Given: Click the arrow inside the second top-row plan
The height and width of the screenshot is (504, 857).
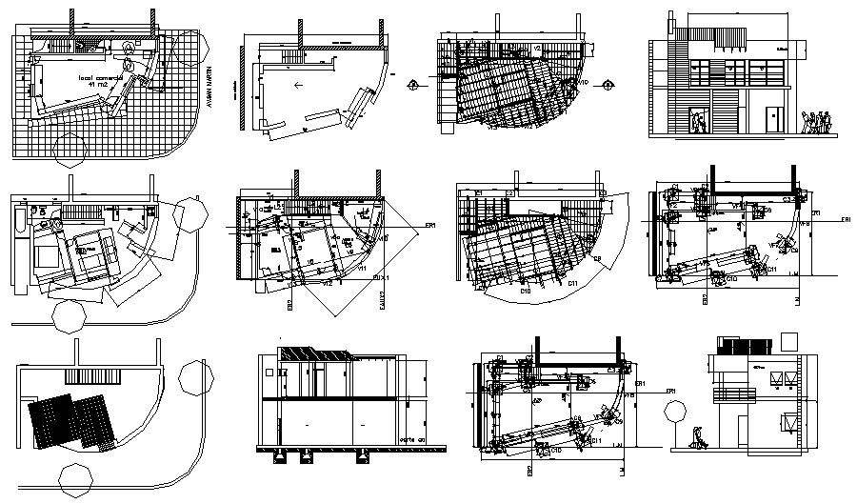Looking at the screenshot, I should click(x=299, y=85).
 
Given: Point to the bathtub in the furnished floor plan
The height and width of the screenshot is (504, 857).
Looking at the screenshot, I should click(x=19, y=224).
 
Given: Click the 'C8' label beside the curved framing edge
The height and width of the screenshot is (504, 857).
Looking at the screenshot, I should click(x=598, y=259).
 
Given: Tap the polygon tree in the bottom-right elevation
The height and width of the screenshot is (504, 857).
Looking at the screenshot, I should click(x=675, y=413).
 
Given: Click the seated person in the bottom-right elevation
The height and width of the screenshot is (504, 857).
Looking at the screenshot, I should click(x=699, y=437).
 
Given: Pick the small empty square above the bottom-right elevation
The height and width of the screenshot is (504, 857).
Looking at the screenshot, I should click(x=789, y=341).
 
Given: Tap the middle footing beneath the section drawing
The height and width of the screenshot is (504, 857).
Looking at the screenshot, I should click(x=307, y=456).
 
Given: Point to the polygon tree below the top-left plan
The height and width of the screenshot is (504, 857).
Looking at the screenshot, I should click(x=73, y=149).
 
